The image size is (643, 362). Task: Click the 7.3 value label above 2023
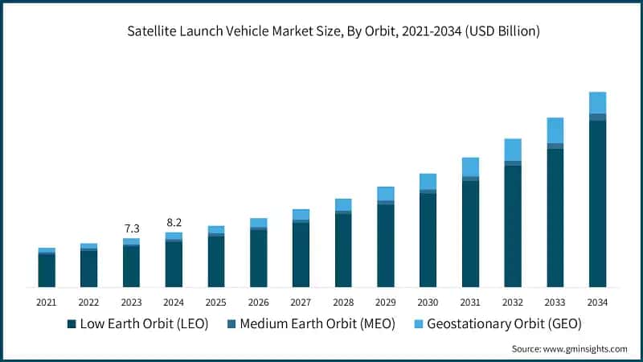click(131, 228)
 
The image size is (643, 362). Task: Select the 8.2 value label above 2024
click(174, 222)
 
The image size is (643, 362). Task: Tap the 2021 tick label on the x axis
click(47, 302)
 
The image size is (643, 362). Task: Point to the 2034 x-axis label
click(597, 302)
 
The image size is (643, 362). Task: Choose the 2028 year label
click(343, 302)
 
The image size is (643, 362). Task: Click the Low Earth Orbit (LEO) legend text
click(145, 323)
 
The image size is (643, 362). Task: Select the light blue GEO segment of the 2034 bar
click(597, 103)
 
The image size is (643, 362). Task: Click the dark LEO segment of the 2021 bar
click(47, 271)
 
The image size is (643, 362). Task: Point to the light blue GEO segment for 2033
click(555, 130)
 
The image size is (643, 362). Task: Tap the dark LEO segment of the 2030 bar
click(428, 240)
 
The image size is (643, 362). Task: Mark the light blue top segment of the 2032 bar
click(513, 150)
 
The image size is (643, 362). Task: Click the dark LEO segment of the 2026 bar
click(258, 258)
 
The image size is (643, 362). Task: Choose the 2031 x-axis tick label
click(470, 302)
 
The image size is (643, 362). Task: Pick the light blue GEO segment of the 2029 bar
click(386, 193)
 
